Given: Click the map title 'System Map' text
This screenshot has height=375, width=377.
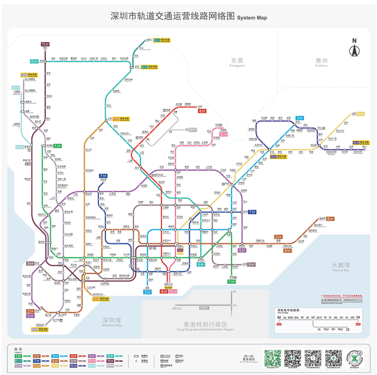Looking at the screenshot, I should [252, 18].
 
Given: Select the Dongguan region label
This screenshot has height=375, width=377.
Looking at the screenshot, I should [237, 62].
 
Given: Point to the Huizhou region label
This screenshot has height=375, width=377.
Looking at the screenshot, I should [321, 62].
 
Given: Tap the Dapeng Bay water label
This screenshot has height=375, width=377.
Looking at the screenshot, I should [340, 266].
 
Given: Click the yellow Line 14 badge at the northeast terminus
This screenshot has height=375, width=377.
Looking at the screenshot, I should [360, 113].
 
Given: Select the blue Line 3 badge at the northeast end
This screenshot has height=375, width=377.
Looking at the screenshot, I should [300, 118].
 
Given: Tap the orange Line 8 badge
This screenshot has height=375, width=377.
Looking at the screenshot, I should [330, 218].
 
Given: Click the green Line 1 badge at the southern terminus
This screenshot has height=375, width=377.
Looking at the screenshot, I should [231, 282].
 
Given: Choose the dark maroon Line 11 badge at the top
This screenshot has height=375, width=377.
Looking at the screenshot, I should [45, 44].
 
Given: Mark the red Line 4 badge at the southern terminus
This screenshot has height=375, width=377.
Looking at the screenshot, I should [164, 291].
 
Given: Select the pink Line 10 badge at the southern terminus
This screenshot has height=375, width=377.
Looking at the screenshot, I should [173, 291].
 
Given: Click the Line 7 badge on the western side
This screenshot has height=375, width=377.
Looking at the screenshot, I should [103, 176].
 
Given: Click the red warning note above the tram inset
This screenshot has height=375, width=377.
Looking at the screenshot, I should [342, 296].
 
